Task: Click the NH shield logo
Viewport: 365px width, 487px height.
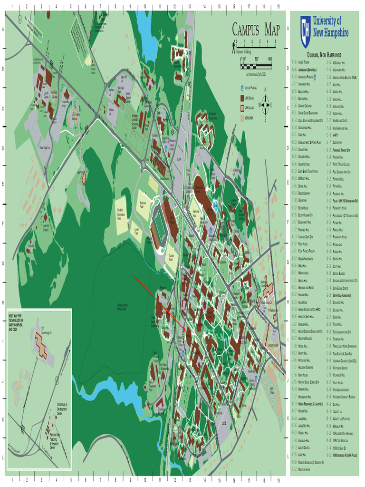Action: tap(305, 26)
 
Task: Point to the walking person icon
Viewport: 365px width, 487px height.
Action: tap(234, 46)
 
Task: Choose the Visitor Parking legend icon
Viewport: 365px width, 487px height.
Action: tap(241, 88)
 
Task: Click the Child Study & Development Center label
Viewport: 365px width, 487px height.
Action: tap(62, 408)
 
